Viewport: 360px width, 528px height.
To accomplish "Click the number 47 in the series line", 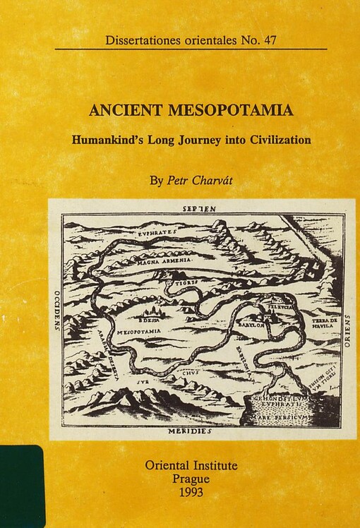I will [267, 40].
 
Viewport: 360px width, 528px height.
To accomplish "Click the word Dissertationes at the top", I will [141, 40].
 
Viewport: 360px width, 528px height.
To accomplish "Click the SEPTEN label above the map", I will [199, 210].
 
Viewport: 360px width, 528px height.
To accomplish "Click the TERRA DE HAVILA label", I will [325, 323].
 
